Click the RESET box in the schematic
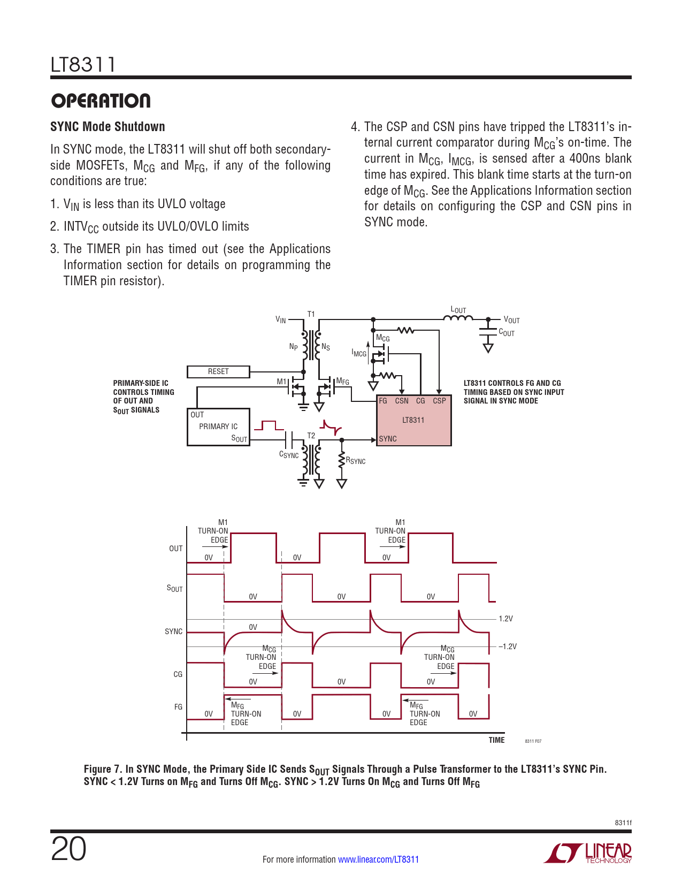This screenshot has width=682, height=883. coord(218,371)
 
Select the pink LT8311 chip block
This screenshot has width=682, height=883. coord(414,421)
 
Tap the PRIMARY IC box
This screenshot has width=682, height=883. coord(218,427)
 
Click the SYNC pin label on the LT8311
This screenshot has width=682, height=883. coord(388,439)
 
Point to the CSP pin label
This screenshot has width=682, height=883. coord(439,401)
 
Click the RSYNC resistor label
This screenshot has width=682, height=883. coord(356,461)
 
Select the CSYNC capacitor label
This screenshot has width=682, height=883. coord(289,455)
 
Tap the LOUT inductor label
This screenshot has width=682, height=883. coord(458,310)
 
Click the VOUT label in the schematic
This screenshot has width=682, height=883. coord(511,320)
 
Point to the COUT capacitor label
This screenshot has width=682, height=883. coord(507,332)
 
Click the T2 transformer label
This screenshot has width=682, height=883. coord(311,436)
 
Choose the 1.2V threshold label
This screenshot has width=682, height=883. coord(505,619)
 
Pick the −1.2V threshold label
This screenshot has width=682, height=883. coord(508,646)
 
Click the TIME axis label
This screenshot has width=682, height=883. coord(496,740)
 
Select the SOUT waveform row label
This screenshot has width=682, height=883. coord(174,589)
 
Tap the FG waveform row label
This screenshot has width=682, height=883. coord(178,707)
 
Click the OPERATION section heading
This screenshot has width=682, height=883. coord(101,101)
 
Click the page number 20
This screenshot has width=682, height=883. coord(68,849)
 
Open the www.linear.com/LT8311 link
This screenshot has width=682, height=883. coord(378,859)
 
